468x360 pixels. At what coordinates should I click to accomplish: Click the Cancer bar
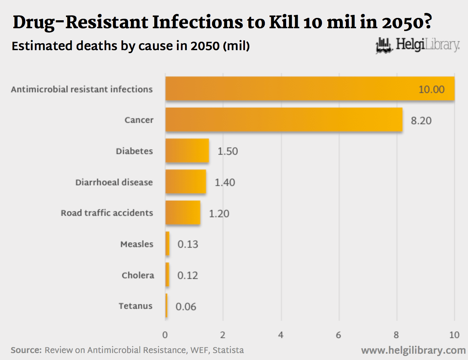pyautogui.click(x=284, y=120)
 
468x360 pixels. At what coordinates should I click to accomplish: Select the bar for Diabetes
pyautogui.click(x=187, y=150)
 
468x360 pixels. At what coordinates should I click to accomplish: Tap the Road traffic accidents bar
pyautogui.click(x=183, y=213)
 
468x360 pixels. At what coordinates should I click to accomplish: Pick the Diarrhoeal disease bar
pyautogui.click(x=186, y=182)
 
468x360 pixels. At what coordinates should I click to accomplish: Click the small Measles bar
pyautogui.click(x=168, y=244)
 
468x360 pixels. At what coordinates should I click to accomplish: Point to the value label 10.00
pyautogui.click(x=431, y=89)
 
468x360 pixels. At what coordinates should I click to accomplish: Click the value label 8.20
pyautogui.click(x=421, y=120)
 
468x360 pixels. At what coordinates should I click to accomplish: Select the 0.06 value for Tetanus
pyautogui.click(x=186, y=307)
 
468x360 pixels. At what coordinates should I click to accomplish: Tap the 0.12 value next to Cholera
pyautogui.click(x=187, y=275)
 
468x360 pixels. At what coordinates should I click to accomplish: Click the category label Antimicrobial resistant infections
pyautogui.click(x=82, y=89)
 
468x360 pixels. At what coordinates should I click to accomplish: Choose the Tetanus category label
pyautogui.click(x=135, y=306)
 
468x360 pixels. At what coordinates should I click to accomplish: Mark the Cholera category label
pyautogui.click(x=138, y=275)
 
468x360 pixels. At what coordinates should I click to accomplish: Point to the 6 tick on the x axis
pyautogui.click(x=338, y=335)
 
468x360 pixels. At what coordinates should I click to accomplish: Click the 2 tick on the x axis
pyautogui.click(x=222, y=335)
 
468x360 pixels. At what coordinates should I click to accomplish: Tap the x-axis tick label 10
pyautogui.click(x=454, y=335)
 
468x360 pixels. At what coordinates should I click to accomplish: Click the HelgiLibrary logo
pyautogui.click(x=418, y=45)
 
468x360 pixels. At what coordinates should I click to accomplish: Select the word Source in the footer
pyautogui.click(x=26, y=350)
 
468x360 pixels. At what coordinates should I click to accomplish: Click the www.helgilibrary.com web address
pyautogui.click(x=413, y=350)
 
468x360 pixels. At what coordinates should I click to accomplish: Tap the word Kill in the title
pyautogui.click(x=284, y=22)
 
